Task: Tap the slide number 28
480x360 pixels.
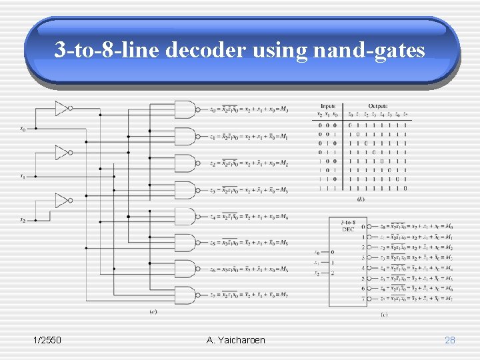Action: click(x=450, y=340)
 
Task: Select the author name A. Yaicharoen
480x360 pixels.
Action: click(x=236, y=340)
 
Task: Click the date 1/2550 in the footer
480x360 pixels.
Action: click(x=47, y=340)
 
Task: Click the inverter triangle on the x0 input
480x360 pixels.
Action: click(x=62, y=107)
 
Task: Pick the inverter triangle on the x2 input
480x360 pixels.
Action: click(x=62, y=200)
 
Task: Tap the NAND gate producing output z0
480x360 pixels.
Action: click(x=185, y=110)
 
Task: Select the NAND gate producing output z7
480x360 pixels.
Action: click(x=185, y=295)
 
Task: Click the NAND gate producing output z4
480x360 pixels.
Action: click(x=185, y=216)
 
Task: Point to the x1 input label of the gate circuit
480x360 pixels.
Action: click(x=23, y=177)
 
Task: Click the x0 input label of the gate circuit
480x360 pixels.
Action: click(x=23, y=129)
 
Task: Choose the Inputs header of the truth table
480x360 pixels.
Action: click(x=327, y=106)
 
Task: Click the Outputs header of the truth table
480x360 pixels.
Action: click(x=377, y=106)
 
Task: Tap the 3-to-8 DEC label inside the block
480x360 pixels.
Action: click(x=347, y=225)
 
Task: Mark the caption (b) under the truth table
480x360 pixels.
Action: click(x=361, y=198)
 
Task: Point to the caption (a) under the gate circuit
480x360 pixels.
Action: click(x=153, y=311)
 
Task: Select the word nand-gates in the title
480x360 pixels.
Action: click(x=365, y=50)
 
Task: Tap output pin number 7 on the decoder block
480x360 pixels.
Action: click(x=363, y=299)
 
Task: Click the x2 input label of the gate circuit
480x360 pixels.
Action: click(x=23, y=220)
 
